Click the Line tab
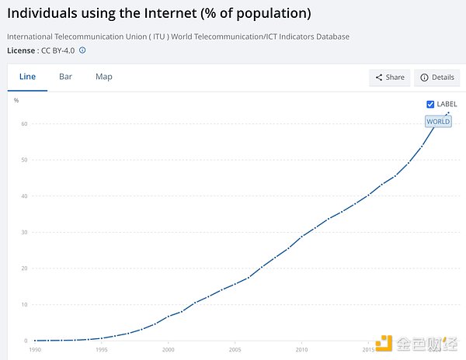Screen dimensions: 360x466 click(x=27, y=77)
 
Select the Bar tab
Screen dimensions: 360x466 click(x=65, y=77)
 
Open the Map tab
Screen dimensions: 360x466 click(x=104, y=77)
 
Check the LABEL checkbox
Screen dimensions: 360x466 click(x=430, y=104)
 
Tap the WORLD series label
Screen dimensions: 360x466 click(x=438, y=121)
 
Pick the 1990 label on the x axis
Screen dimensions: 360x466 click(x=35, y=350)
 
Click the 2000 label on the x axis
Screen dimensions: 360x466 click(x=169, y=350)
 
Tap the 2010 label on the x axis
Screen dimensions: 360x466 click(x=301, y=350)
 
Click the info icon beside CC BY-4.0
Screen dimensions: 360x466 click(x=82, y=50)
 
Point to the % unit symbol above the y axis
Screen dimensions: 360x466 click(x=16, y=100)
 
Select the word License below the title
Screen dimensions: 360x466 click(x=20, y=50)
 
